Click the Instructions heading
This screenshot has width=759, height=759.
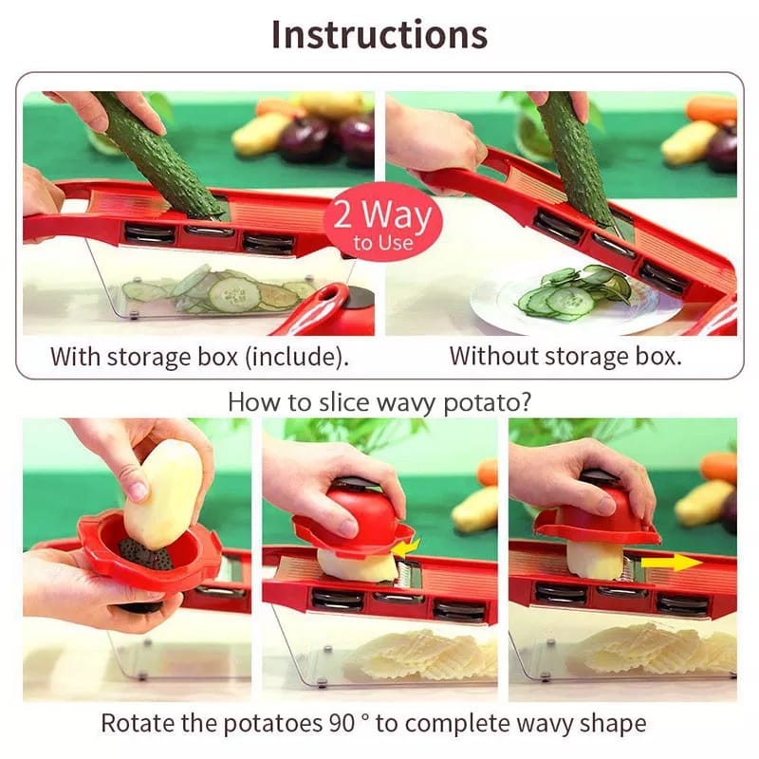pos(379,34)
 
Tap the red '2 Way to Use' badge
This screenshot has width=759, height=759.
pos(383,224)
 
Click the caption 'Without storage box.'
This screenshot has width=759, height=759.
pos(565,357)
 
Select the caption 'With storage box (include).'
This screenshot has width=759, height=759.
pos(199,357)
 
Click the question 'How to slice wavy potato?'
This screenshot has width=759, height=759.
pos(379,401)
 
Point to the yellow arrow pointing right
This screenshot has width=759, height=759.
pos(672,563)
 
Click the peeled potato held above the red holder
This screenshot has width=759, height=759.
pos(162,493)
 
